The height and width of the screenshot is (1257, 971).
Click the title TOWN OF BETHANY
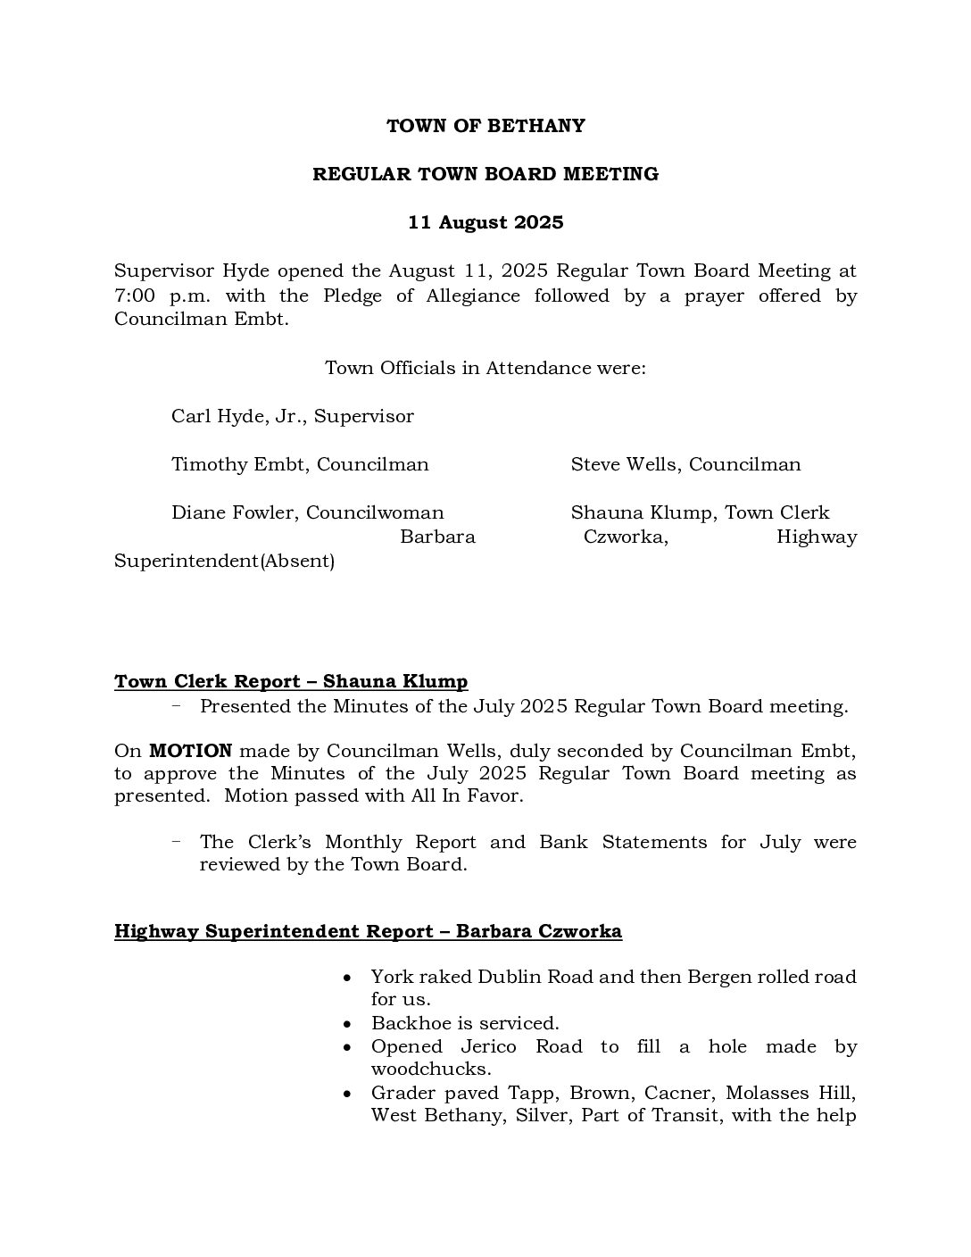485,126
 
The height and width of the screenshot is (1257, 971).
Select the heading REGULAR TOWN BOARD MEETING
485,174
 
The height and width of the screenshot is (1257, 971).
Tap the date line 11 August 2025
485,222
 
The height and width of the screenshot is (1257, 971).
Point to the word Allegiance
474,296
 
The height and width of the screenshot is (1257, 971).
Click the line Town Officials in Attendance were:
485,368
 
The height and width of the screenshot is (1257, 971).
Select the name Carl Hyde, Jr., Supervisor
293,416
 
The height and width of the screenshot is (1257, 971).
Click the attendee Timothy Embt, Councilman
300,464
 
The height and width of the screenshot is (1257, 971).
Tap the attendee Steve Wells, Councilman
685,464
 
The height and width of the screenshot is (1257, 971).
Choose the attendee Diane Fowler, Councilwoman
308,512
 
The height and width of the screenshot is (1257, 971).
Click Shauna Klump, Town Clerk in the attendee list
700,512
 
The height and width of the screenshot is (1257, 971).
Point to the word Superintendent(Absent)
224,561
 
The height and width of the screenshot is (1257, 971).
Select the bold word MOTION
190,751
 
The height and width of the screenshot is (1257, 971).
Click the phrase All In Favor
477,795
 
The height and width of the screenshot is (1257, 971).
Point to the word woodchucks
431,1069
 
